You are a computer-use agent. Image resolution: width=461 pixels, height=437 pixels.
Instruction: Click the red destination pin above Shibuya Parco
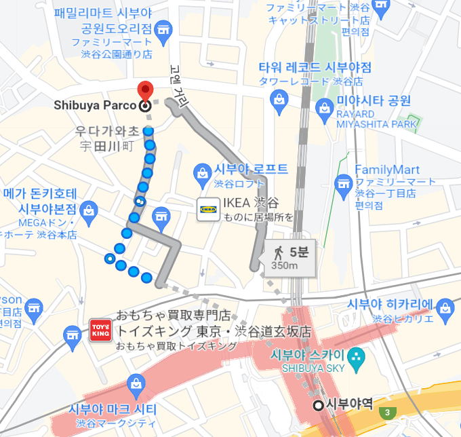(144, 90)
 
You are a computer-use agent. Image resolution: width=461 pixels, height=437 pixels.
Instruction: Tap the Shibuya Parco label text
(96, 105)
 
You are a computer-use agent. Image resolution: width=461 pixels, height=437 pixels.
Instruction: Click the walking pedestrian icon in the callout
(278, 253)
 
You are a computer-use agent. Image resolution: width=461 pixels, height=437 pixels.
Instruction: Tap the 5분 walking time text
(298, 252)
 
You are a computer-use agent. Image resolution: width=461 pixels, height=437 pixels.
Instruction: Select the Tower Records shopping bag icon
(278, 100)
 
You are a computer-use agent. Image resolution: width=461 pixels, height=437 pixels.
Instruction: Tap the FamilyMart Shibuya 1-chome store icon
(343, 183)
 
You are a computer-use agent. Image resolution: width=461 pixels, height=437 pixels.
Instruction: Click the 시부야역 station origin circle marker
(319, 406)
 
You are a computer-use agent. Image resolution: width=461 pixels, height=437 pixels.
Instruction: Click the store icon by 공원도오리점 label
(163, 28)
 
